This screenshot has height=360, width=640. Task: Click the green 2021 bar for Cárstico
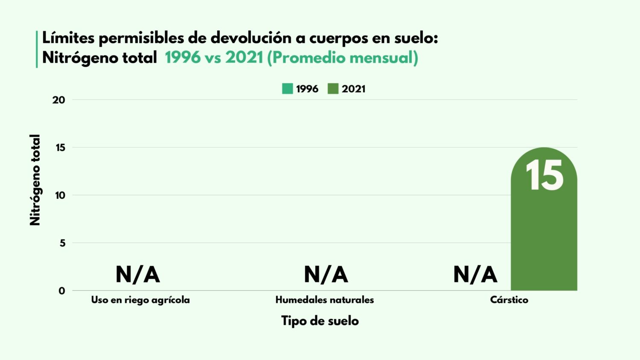544,239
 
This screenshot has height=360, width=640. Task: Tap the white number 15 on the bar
544,176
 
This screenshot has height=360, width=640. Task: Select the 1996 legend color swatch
288,89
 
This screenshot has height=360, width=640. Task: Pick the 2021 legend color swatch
333,89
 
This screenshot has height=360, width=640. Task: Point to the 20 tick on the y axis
59,100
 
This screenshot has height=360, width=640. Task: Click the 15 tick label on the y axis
60,148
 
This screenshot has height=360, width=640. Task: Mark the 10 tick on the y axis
60,195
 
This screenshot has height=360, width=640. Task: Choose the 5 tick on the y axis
62,243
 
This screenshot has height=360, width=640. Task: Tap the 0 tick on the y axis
62,291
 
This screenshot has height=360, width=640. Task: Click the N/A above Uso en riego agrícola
137,274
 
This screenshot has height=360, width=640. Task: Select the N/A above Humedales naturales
326,274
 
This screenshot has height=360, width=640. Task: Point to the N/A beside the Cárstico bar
475,274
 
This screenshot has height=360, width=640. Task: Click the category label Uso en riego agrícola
140,300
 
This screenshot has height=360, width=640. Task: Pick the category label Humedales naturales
325,300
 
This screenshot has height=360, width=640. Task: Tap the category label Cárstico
509,300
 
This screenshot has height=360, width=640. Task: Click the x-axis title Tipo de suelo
320,321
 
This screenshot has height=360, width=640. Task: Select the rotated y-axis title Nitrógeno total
35,180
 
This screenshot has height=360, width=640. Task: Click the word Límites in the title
68,38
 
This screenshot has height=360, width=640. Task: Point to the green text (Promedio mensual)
343,58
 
